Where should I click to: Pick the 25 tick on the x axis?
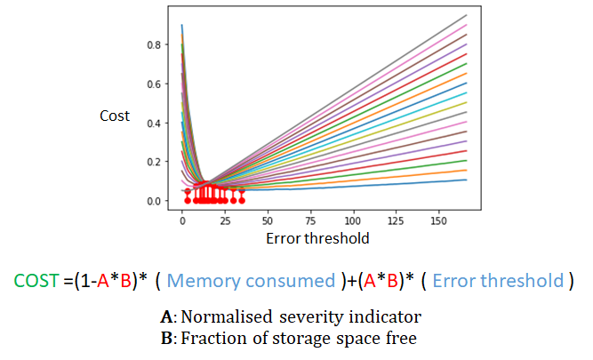pos(225,218)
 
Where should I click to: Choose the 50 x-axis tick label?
pos(268,218)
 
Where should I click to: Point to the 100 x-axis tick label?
pos(355,218)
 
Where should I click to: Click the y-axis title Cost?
pos(115,116)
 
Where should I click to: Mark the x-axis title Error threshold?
pos(317,238)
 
